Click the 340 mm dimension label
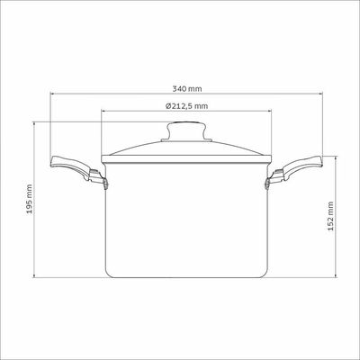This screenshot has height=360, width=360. coord(187,89)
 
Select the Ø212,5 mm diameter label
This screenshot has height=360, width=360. coord(186,106)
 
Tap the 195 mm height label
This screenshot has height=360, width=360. coord(29,199)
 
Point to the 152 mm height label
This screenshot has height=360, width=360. coord(330,216)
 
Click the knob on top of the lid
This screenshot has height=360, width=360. coord(186,130)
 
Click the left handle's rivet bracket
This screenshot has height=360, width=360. coord(105,184)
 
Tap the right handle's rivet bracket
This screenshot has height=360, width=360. coord(267,184)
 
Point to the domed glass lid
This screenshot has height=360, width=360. coord(186,147)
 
